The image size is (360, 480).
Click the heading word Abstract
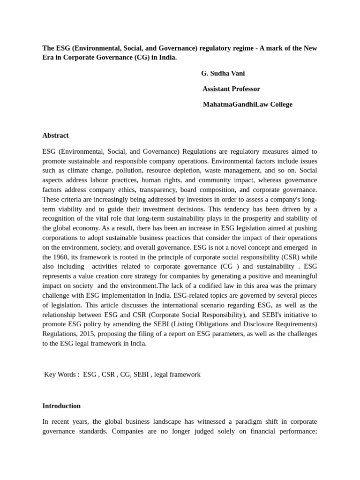tap(55, 135)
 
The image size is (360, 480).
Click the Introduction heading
tap(61, 406)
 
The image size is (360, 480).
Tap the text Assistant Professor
tap(231, 89)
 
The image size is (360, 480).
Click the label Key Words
tap(61, 375)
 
